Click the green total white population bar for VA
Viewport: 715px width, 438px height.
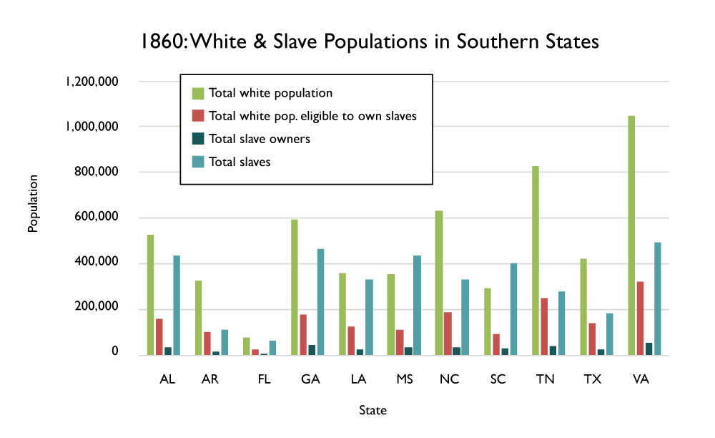pyautogui.click(x=631, y=235)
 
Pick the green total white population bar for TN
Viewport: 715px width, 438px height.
pyautogui.click(x=535, y=261)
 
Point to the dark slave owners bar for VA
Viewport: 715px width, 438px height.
pyautogui.click(x=649, y=349)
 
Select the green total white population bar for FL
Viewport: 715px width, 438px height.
pyautogui.click(x=247, y=346)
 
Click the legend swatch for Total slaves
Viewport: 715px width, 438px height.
pyautogui.click(x=198, y=162)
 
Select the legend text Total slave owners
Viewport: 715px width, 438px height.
pyautogui.click(x=259, y=139)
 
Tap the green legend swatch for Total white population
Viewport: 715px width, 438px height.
pyautogui.click(x=198, y=93)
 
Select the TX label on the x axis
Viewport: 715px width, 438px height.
pyautogui.click(x=592, y=379)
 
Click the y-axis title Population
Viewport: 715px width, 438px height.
pyautogui.click(x=32, y=203)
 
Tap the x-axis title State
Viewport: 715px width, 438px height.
pyautogui.click(x=373, y=411)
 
